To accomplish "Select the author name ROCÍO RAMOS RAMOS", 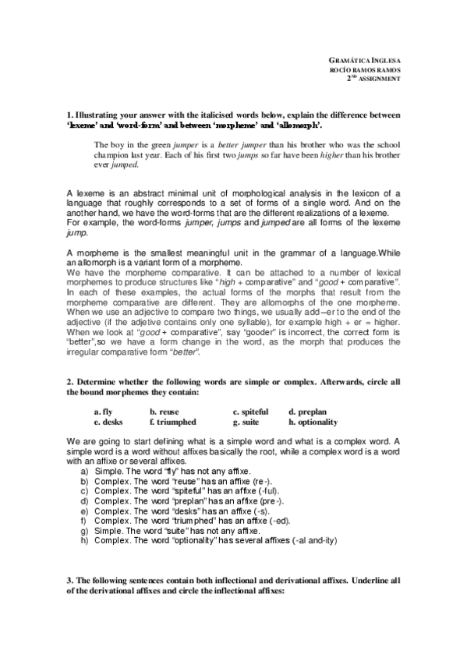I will click(x=366, y=69).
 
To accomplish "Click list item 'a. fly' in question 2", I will click(x=102, y=411).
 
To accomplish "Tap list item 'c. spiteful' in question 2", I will click(x=250, y=411).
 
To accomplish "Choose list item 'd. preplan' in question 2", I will click(x=307, y=411).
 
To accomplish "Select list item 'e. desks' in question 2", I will click(x=106, y=422).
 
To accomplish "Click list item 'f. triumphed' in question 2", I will click(x=173, y=422).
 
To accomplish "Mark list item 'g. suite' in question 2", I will click(x=247, y=422).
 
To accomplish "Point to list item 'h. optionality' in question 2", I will click(x=313, y=422).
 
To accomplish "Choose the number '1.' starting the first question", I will click(x=70, y=115).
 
